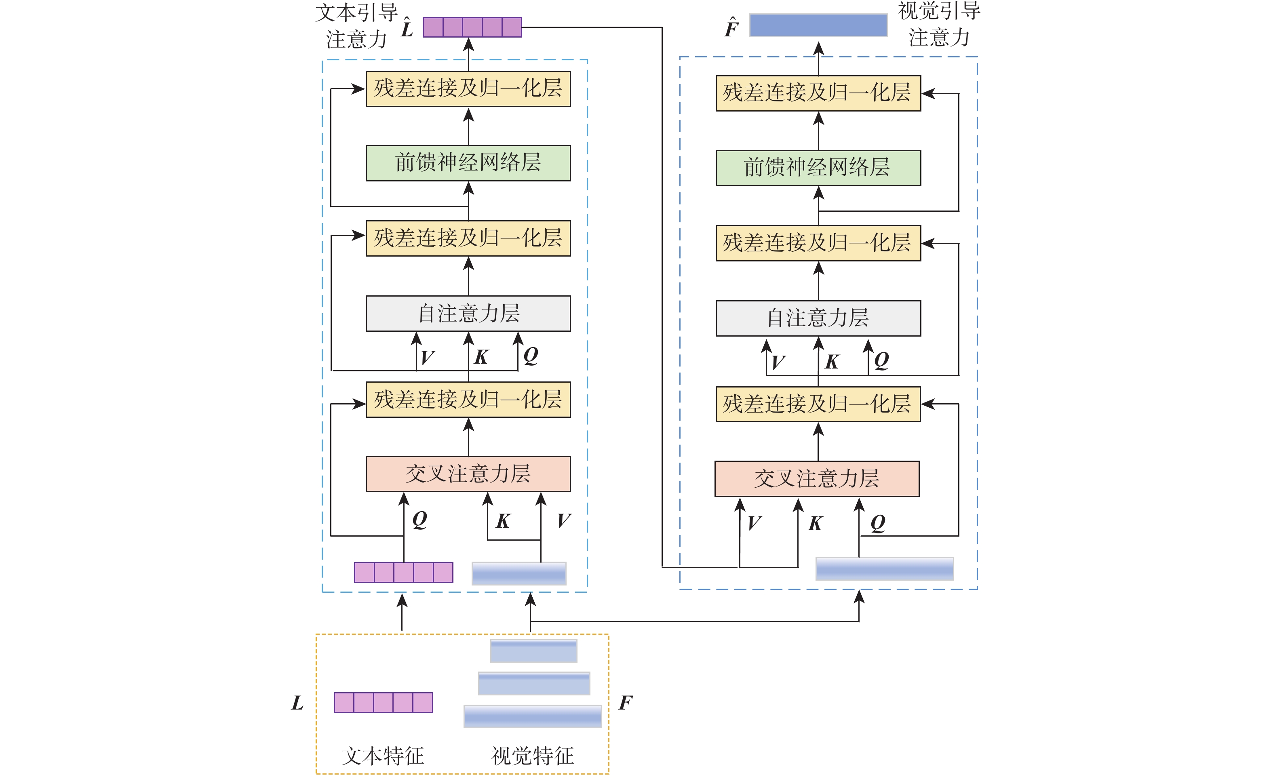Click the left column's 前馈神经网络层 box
468,163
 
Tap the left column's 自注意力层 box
468,314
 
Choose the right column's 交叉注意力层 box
817,479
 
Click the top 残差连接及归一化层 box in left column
468,89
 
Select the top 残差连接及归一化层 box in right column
818,93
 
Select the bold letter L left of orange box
297,703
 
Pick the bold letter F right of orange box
625,703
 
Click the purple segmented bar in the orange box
384,703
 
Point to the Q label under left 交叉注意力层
419,519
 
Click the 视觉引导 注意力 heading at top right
939,24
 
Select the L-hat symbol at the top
407,28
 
